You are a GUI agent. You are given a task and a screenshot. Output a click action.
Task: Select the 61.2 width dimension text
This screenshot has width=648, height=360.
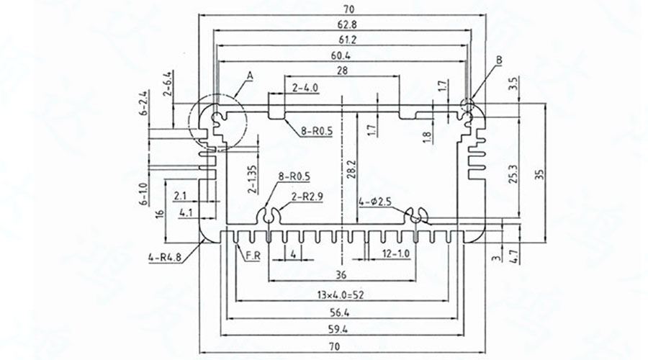coord(342,40)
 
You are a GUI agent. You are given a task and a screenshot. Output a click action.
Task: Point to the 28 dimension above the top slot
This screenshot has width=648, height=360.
coord(342,70)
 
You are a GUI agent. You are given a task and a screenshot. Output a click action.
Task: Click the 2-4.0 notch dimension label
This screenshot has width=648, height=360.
coord(305,88)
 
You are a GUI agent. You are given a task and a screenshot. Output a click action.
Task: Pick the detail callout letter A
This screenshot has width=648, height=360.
coord(250,75)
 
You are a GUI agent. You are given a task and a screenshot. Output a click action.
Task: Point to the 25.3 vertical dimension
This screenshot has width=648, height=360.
coord(512,174)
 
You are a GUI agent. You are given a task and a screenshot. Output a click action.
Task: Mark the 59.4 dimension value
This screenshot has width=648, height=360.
coord(342,328)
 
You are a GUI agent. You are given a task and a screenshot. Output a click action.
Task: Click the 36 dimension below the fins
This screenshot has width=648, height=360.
coord(342,274)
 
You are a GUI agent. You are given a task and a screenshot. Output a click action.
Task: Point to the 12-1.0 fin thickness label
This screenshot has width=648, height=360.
coord(394,253)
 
